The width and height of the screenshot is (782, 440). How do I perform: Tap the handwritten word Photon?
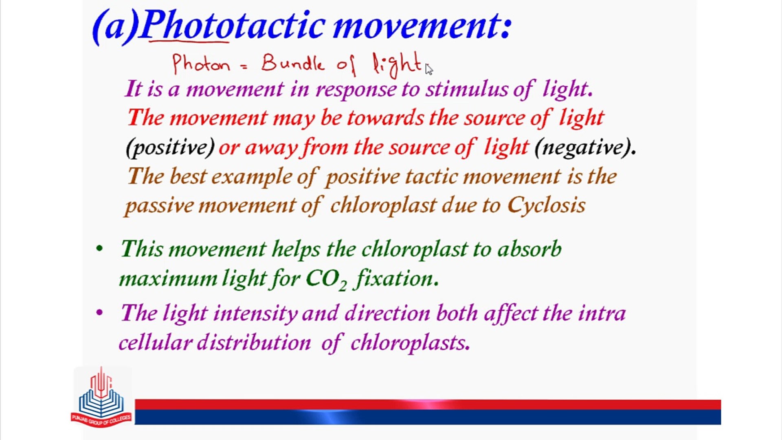point(201,64)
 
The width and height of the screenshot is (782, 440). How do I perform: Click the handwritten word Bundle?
point(292,63)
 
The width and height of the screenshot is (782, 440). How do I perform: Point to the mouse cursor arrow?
point(428,69)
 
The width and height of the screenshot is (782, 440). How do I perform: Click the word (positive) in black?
point(170,147)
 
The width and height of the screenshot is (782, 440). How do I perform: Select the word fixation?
point(394,279)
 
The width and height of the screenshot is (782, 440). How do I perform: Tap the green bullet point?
point(99,249)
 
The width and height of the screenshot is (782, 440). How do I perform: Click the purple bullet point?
point(99,313)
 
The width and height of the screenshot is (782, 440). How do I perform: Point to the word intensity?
point(255,313)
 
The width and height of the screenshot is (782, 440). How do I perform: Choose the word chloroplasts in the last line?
point(409,342)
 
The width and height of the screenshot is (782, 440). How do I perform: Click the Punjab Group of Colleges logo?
point(101,397)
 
